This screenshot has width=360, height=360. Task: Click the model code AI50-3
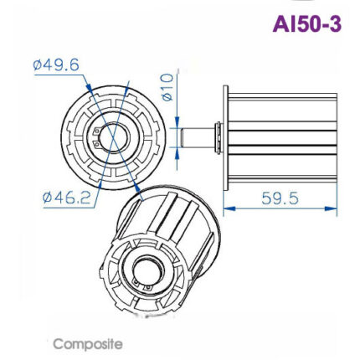[306, 24]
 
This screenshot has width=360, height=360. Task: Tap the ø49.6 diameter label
[55, 64]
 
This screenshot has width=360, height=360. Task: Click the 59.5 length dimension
[279, 199]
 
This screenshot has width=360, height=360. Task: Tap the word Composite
[88, 343]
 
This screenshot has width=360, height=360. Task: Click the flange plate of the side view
[224, 134]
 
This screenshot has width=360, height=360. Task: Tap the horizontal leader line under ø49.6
[59, 75]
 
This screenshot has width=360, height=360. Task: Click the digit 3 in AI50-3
[335, 24]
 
